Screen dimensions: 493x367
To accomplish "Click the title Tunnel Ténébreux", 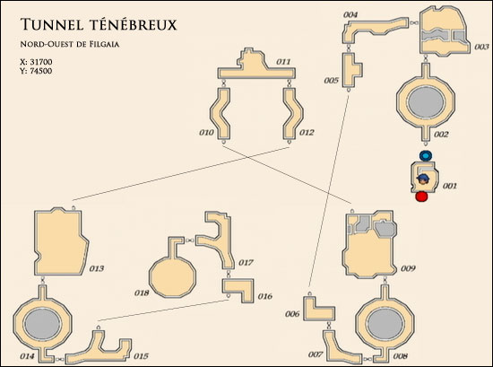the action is point(99,24).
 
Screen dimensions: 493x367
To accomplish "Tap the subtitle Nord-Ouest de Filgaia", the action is point(70,44).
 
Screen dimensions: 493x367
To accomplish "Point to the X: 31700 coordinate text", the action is point(36,61).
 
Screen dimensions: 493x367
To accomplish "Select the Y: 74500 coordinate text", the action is point(36,71).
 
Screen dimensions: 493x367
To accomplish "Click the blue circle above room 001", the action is point(426,155).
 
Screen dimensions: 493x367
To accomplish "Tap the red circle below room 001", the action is point(421,197).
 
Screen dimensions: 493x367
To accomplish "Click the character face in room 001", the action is point(423,179).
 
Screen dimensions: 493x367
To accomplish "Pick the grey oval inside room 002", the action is point(426,102).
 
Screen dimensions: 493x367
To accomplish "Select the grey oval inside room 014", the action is point(42,324).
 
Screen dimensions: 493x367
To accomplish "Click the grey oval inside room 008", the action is point(385,324).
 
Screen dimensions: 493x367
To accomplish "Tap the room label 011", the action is point(283,62).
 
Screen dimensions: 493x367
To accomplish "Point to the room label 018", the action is point(142,293).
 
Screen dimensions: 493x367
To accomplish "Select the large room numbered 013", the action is point(61,241).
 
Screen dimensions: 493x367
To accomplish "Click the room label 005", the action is point(332,81).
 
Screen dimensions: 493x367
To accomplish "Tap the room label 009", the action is point(408,268).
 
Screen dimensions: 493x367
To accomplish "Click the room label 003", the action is point(481,47).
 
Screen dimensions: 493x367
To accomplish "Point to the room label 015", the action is point(141,356).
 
